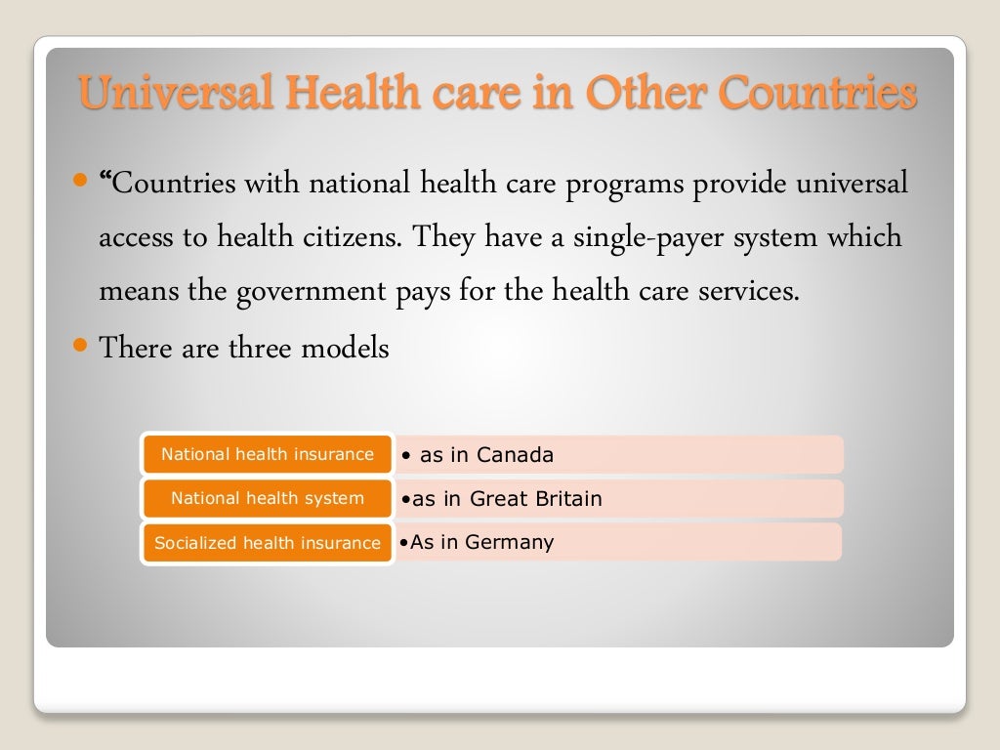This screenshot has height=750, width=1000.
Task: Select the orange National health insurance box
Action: click(268, 454)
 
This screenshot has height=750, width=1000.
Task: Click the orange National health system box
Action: click(268, 498)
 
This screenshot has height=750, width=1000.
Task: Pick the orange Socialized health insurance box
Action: click(268, 543)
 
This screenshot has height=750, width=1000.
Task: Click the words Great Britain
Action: click(536, 499)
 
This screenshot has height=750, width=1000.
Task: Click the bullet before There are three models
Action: click(81, 345)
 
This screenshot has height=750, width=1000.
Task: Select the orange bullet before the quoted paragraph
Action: click(81, 181)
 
